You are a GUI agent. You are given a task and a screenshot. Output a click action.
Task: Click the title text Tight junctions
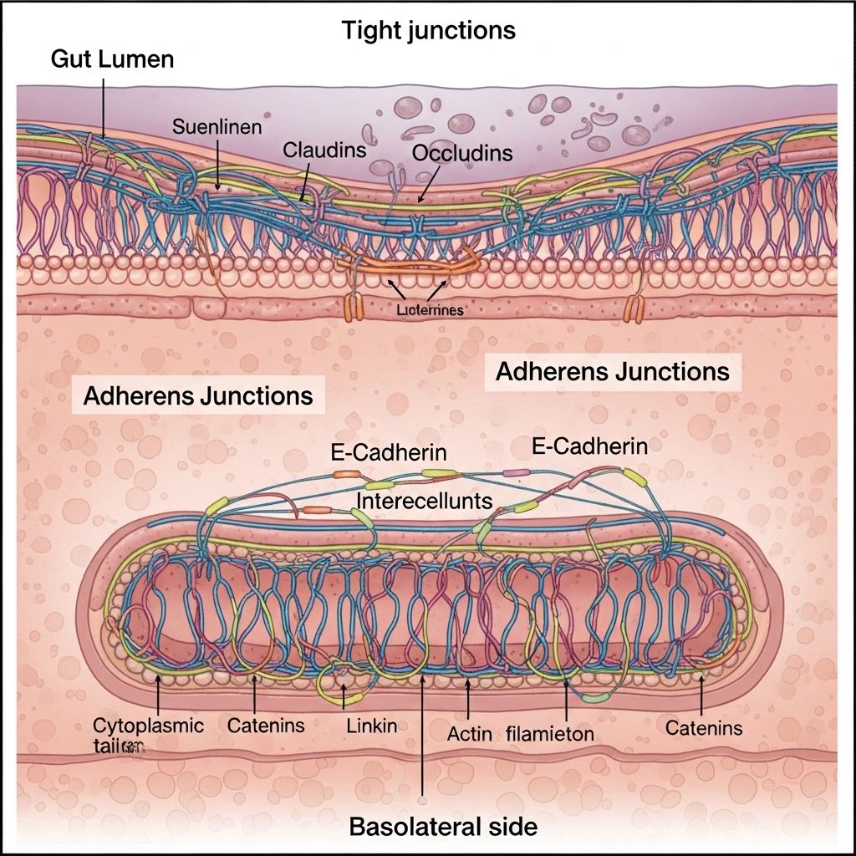pos(428,31)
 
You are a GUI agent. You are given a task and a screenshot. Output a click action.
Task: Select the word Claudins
pos(324,150)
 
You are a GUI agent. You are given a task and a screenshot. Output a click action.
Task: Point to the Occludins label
pos(462,154)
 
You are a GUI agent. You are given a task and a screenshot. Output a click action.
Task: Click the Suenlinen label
pos(217,128)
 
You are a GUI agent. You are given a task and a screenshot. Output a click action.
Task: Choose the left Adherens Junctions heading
pos(198,395)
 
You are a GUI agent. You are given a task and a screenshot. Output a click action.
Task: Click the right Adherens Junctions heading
pos(613,371)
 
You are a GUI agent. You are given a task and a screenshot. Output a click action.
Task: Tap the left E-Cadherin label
pos(388,452)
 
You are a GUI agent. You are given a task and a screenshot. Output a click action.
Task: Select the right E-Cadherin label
pos(589,446)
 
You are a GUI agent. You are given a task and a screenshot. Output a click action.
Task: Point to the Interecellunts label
pos(424,499)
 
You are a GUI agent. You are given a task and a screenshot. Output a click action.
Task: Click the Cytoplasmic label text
pos(148,725)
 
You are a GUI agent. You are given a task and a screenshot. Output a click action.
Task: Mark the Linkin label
pos(371,726)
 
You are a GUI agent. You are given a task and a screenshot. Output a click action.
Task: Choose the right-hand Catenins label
pos(704,728)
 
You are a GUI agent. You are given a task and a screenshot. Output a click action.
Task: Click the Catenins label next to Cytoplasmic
pos(266,725)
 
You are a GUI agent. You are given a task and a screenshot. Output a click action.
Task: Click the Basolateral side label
pos(443,828)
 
